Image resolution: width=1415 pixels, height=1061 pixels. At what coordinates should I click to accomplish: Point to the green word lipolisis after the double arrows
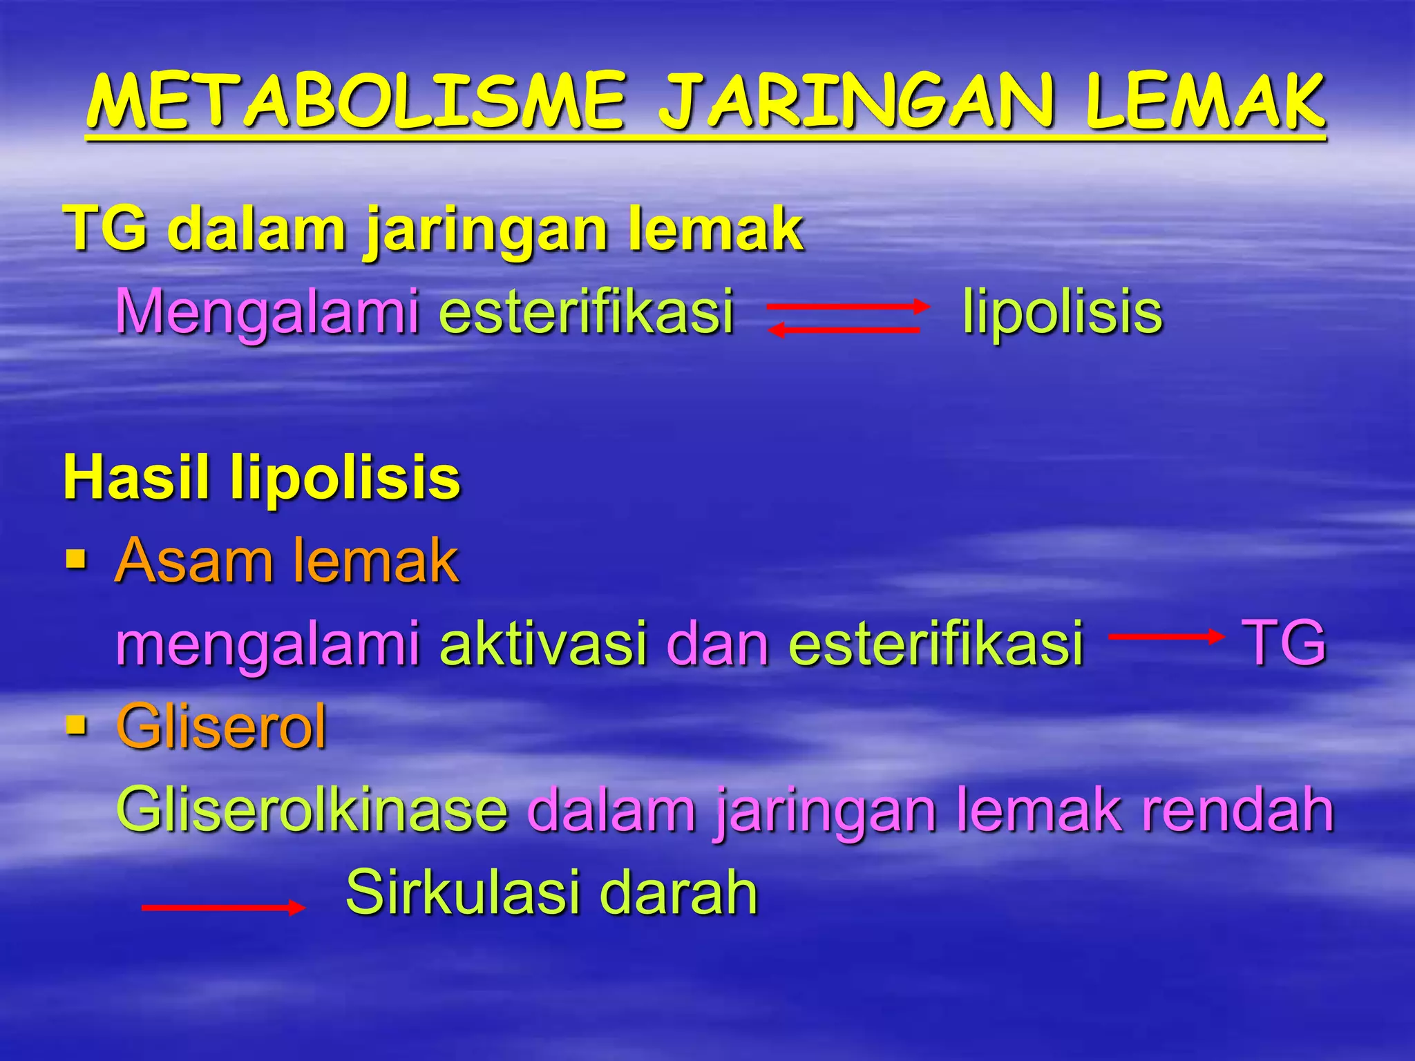[x=1062, y=312]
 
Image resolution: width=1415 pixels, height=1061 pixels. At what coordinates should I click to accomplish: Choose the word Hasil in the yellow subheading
[x=135, y=477]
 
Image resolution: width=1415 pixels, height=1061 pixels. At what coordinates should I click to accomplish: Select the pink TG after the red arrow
[x=1284, y=642]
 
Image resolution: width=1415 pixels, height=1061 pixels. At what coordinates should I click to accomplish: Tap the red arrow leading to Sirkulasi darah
[x=222, y=908]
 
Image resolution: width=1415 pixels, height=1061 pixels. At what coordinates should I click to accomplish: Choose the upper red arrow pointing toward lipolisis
[x=849, y=307]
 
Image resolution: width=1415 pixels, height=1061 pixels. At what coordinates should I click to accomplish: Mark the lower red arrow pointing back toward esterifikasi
[x=844, y=331]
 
